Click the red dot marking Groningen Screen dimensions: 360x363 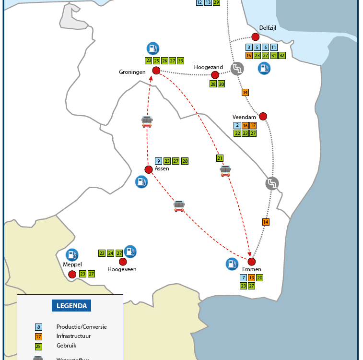click(156, 71)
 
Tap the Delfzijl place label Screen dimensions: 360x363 click(268, 28)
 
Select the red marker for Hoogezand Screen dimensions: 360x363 click(215, 75)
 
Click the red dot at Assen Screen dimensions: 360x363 click(149, 169)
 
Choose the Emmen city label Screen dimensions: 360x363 click(251, 270)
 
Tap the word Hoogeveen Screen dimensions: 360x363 click(122, 269)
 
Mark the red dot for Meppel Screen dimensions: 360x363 click(72, 274)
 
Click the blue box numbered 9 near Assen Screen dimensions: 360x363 click(159, 161)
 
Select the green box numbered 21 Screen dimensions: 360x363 click(220, 158)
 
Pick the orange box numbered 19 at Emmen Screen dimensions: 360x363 click(252, 278)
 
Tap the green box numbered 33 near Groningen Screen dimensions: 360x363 click(180, 61)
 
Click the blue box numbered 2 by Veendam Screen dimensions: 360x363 click(237, 125)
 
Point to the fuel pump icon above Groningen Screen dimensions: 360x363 click(152, 48)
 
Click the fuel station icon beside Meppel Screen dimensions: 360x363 click(72, 254)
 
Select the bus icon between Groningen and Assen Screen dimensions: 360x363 click(147, 121)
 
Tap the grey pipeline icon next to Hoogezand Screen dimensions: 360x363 click(237, 69)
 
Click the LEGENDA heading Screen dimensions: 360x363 click(71, 306)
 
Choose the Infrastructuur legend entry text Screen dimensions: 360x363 click(73, 336)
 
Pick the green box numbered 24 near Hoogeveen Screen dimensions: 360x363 click(111, 253)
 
